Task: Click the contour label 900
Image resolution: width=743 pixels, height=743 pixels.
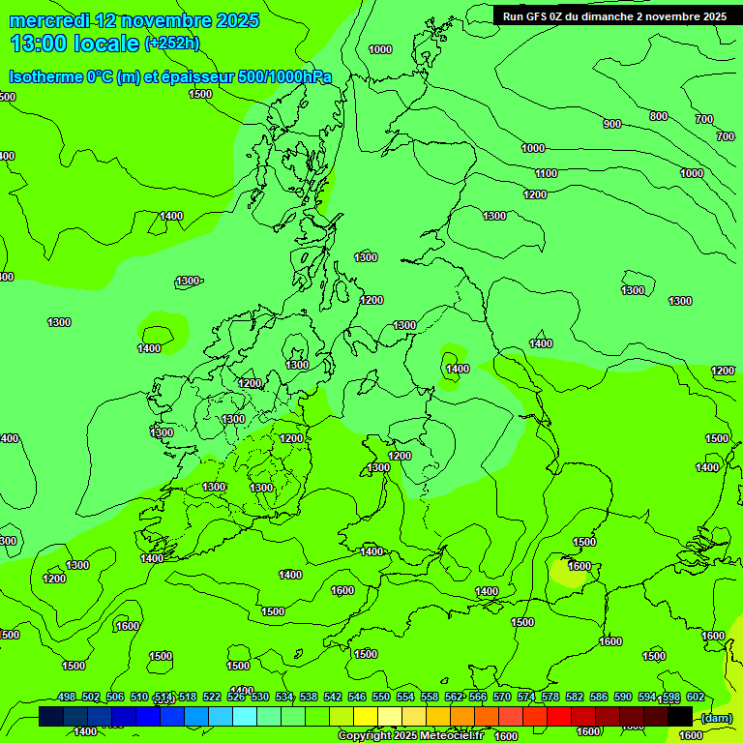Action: point(611,124)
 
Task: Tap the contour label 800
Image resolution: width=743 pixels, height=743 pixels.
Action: point(658,116)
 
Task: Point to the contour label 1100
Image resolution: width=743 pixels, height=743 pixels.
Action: point(546,173)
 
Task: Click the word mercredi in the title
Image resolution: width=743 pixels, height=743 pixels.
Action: point(49,20)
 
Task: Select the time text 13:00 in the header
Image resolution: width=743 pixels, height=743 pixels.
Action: point(40,43)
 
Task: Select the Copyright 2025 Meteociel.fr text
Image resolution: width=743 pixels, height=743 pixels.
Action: point(410,736)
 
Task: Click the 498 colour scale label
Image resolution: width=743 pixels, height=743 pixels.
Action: point(67,698)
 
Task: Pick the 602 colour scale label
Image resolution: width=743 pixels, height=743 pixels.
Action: point(695,698)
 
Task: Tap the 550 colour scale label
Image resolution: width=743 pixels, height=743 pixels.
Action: point(381,698)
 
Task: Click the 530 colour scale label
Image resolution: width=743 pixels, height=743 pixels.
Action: point(260,698)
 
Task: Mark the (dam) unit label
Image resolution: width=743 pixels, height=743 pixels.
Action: point(716,717)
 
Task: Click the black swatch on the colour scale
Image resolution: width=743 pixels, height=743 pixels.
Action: point(680,716)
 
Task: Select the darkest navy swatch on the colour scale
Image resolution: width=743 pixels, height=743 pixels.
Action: point(51,716)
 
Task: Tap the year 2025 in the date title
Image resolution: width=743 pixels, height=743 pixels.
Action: point(232,20)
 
